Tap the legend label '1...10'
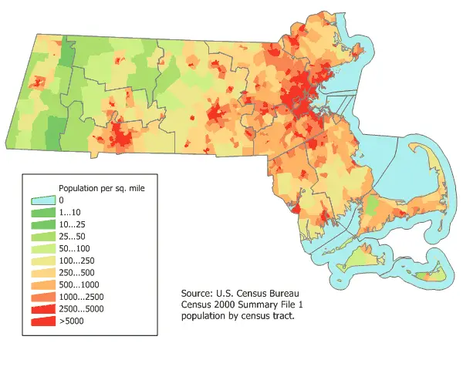pyautogui.click(x=70, y=213)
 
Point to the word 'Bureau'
pyautogui.click(x=278, y=294)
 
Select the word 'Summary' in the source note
pyautogui.click(x=259, y=305)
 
